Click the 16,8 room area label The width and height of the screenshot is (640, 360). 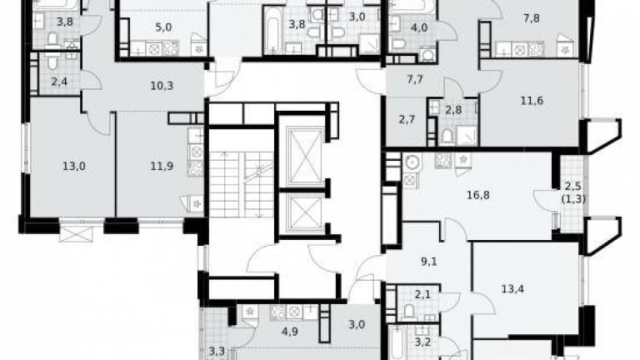(x=478, y=195)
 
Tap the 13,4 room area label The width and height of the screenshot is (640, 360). (x=512, y=289)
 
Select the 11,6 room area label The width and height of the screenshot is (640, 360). (x=532, y=100)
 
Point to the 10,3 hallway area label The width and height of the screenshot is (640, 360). (x=162, y=86)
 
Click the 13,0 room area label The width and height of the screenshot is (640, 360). (x=74, y=166)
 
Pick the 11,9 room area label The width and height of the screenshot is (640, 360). (x=162, y=166)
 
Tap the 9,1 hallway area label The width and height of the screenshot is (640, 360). (x=428, y=261)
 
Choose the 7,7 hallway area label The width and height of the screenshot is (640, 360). (x=415, y=79)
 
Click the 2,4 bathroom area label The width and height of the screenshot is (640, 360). (x=59, y=82)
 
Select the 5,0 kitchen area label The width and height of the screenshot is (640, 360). (x=163, y=27)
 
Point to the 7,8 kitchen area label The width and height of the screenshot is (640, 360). (x=531, y=18)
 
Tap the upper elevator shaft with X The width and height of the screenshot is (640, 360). (x=305, y=156)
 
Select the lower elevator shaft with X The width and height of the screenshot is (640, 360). (x=305, y=213)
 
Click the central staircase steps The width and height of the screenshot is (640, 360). (x=241, y=184)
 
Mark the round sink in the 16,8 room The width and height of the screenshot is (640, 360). (x=412, y=162)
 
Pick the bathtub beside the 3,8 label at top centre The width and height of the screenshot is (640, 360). (x=271, y=29)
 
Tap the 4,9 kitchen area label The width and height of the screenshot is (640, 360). (x=289, y=331)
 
